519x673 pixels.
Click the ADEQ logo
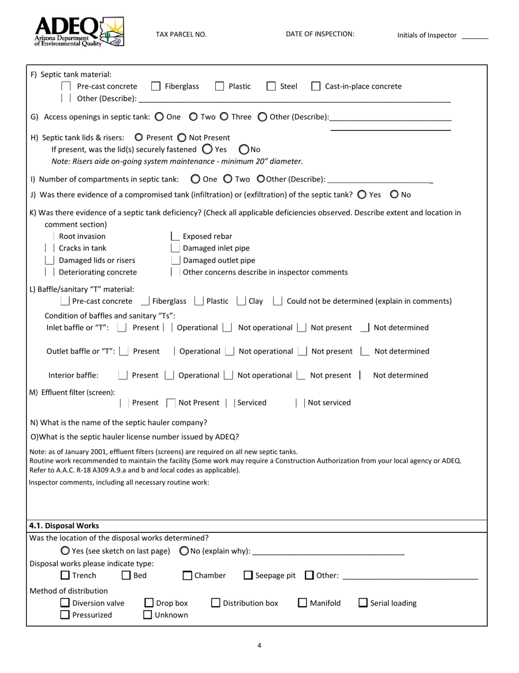[79, 32]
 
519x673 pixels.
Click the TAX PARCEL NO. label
[181, 34]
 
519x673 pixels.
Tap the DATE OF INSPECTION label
[320, 34]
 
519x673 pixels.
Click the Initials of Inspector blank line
[475, 36]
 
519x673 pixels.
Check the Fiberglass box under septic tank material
[156, 86]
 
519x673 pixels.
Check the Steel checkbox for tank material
[271, 86]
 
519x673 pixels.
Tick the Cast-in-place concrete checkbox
[316, 86]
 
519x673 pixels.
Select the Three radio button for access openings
[223, 117]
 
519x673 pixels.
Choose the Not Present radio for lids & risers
[182, 137]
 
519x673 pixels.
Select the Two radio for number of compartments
[228, 179]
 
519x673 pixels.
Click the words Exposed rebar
[207, 236]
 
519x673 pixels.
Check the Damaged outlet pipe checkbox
[175, 260]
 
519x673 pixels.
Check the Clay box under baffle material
[241, 301]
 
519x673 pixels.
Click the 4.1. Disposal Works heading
[64, 526]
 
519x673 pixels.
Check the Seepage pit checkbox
[248, 575]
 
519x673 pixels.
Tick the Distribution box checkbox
[216, 603]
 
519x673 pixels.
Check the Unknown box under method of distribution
[148, 615]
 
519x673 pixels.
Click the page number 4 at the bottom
[259, 646]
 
